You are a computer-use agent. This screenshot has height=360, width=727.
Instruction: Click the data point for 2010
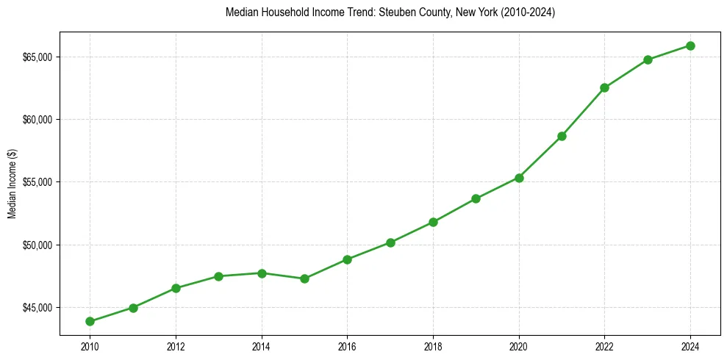tap(90, 321)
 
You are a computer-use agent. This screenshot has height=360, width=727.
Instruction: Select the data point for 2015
tap(304, 278)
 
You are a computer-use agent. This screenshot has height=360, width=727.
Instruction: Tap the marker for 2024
tap(690, 46)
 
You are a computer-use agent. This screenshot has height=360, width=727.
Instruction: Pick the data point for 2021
tap(562, 136)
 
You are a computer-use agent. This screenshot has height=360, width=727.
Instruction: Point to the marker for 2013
tap(218, 276)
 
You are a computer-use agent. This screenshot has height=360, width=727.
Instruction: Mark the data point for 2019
tap(476, 198)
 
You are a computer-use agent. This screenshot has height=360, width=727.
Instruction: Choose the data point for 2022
tap(604, 87)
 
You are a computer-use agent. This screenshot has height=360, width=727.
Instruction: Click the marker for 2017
tap(390, 242)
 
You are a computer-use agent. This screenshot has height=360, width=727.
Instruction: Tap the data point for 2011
tap(133, 308)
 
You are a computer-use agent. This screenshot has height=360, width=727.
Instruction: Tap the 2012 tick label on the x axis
tap(176, 346)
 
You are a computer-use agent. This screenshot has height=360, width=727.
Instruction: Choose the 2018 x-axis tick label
tap(433, 346)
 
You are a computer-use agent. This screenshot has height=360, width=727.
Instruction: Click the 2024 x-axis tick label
tap(690, 346)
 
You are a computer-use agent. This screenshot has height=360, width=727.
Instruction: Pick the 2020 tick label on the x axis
tap(519, 346)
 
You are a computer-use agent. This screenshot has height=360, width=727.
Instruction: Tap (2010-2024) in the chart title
tap(529, 13)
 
